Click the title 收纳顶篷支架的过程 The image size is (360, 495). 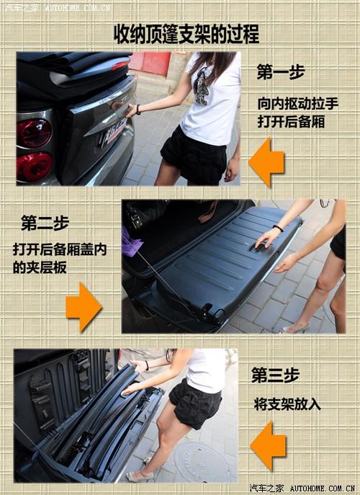(x=186, y=34)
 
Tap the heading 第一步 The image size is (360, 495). (x=280, y=72)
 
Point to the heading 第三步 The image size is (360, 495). (x=274, y=375)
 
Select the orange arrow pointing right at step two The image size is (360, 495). (x=84, y=306)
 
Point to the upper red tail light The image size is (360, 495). (x=35, y=133)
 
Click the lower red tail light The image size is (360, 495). (x=35, y=166)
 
